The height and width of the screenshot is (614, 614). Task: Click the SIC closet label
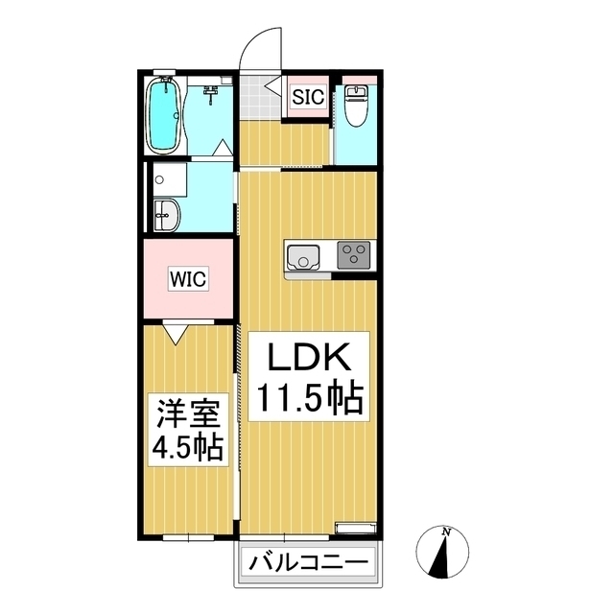(x=308, y=97)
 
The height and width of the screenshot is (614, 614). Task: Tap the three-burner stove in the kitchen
(x=354, y=255)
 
